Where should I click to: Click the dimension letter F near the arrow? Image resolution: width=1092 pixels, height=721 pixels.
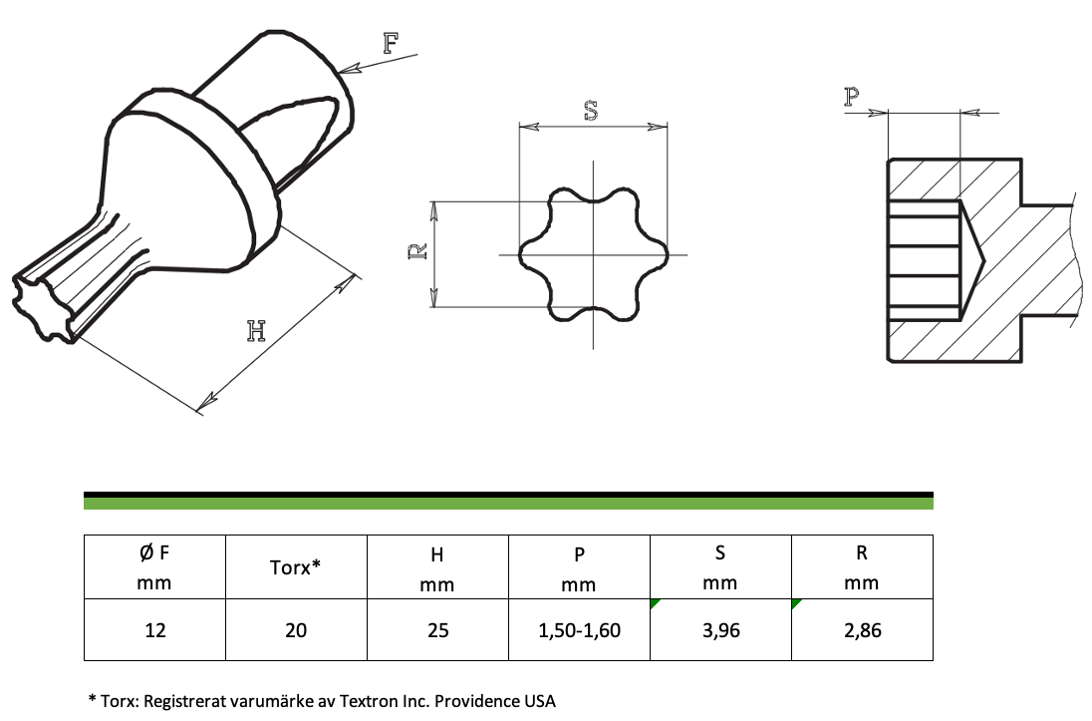tap(392, 43)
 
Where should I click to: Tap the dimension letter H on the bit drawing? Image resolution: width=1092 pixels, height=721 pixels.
tap(256, 330)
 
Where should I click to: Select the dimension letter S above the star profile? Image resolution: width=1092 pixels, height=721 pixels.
tap(591, 111)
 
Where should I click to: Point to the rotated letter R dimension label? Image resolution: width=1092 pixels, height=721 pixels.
tap(416, 251)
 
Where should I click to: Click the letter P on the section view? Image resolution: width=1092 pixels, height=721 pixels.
tap(852, 97)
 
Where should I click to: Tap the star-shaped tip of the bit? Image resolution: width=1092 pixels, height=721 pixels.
tap(43, 307)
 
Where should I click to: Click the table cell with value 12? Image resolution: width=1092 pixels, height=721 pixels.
tap(154, 629)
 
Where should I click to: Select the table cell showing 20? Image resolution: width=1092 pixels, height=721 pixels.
tap(296, 629)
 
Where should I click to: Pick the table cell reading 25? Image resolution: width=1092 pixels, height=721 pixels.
tap(438, 629)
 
